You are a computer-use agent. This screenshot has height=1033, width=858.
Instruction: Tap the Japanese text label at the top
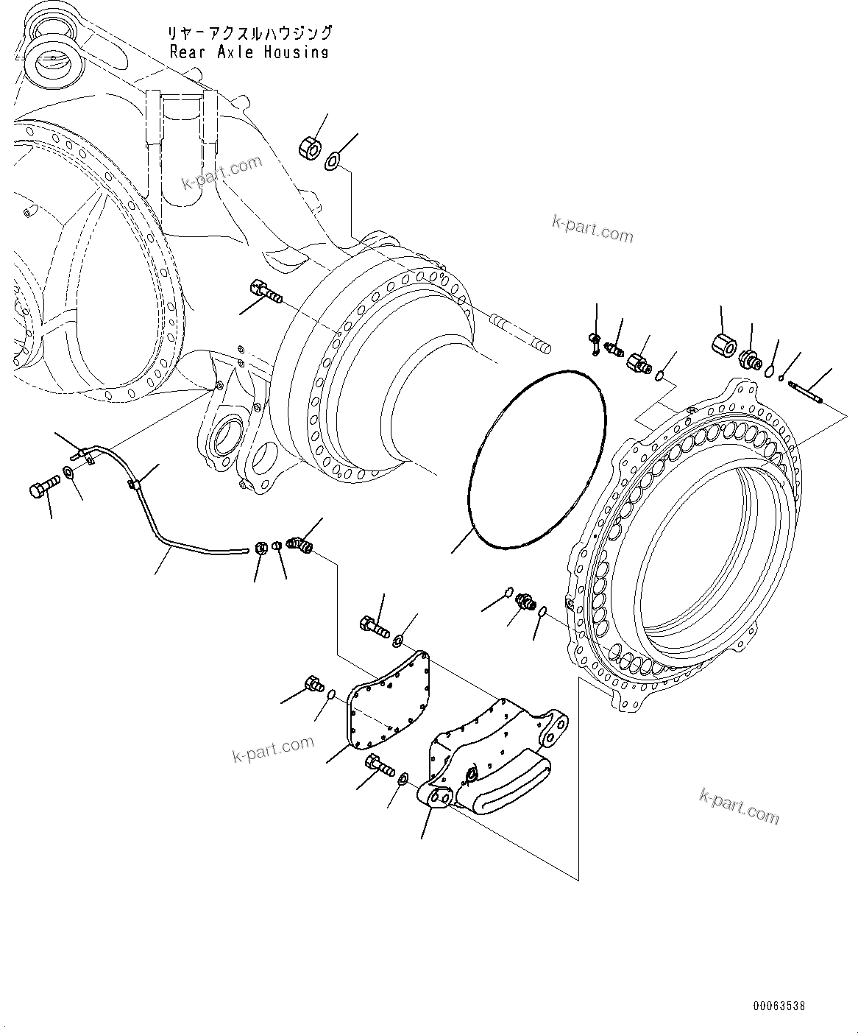[249, 34]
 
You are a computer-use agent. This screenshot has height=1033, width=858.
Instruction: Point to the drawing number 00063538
[779, 1005]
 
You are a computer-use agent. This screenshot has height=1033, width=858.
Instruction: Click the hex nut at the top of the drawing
[309, 148]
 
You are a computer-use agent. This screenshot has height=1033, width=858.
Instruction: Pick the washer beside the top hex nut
[333, 158]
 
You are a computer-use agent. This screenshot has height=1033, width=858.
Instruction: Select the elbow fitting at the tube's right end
[302, 545]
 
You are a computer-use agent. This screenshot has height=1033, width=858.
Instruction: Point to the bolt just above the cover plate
[373, 627]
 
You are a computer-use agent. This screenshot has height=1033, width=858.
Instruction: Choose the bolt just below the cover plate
[376, 766]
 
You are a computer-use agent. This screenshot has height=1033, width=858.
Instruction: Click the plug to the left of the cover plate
[313, 684]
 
